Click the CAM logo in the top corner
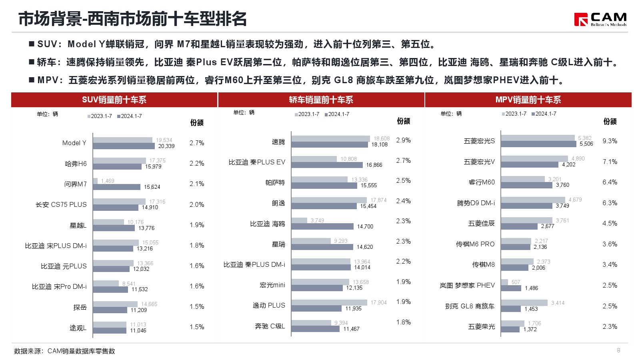[x=600, y=19]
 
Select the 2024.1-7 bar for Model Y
[x=124, y=146]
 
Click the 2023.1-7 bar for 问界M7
[x=95, y=181]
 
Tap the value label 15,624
[x=152, y=187]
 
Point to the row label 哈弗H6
[x=76, y=164]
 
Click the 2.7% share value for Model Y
[x=197, y=143]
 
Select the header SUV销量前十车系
[x=114, y=100]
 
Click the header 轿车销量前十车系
[x=321, y=100]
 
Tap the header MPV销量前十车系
[x=528, y=100]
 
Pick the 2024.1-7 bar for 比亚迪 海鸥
[x=322, y=226]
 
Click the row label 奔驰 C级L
[x=270, y=326]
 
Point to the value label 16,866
[x=374, y=165]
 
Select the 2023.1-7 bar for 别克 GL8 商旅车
[x=524, y=303]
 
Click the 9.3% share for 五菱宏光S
[x=610, y=141]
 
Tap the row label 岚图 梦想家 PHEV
[x=467, y=285]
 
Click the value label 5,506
[x=586, y=144]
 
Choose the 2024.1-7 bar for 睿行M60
[x=526, y=185]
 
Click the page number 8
[x=618, y=350]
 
